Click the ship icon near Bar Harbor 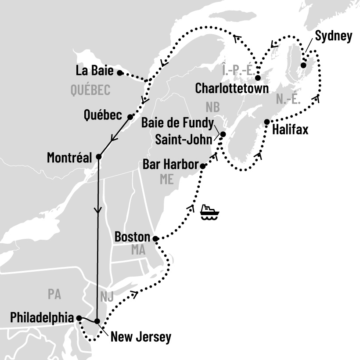pyautogui.click(x=209, y=212)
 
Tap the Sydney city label pyautogui.click(x=334, y=36)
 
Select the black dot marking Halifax pyautogui.click(x=266, y=122)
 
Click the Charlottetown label pyautogui.click(x=232, y=89)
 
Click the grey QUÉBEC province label pyautogui.click(x=90, y=90)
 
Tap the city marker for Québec pyautogui.click(x=130, y=117)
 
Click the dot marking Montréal pyautogui.click(x=98, y=157)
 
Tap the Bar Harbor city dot pyautogui.click(x=202, y=166)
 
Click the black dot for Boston pyautogui.click(x=155, y=238)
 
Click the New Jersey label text pyautogui.click(x=140, y=337)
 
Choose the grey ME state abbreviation pyautogui.click(x=166, y=180)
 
